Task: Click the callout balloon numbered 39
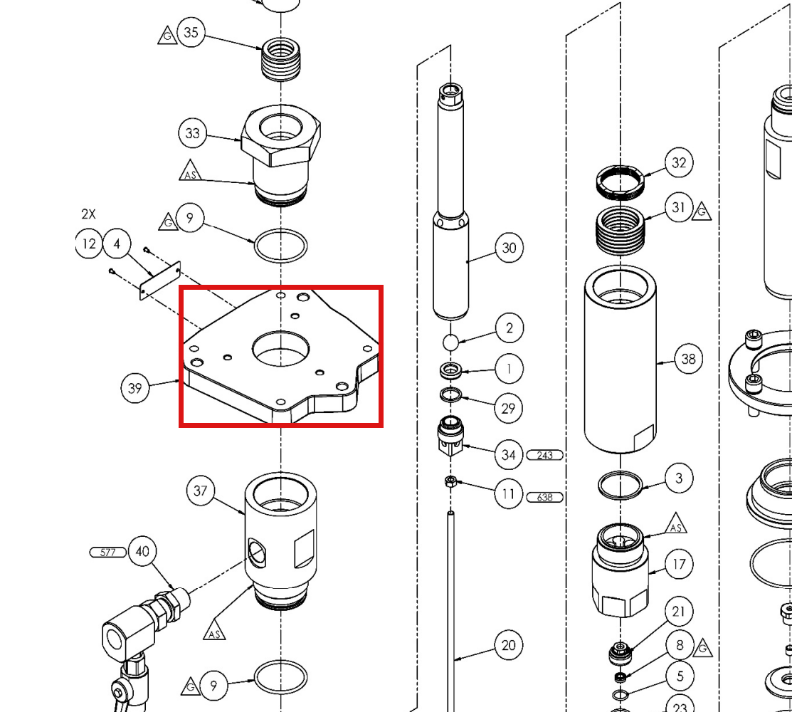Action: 135,388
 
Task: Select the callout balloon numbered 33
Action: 192,133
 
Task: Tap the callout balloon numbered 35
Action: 191,32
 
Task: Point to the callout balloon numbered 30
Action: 509,248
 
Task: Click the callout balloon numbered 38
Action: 688,359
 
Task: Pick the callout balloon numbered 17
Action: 679,564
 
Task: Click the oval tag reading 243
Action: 544,455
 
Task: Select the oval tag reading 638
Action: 544,497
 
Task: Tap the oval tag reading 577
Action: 108,553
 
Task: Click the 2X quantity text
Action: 88,214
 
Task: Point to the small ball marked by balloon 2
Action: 450,342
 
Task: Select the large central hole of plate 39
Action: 281,349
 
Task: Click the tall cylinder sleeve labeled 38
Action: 621,359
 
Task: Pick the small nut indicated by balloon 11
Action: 451,481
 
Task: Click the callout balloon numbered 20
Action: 509,645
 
